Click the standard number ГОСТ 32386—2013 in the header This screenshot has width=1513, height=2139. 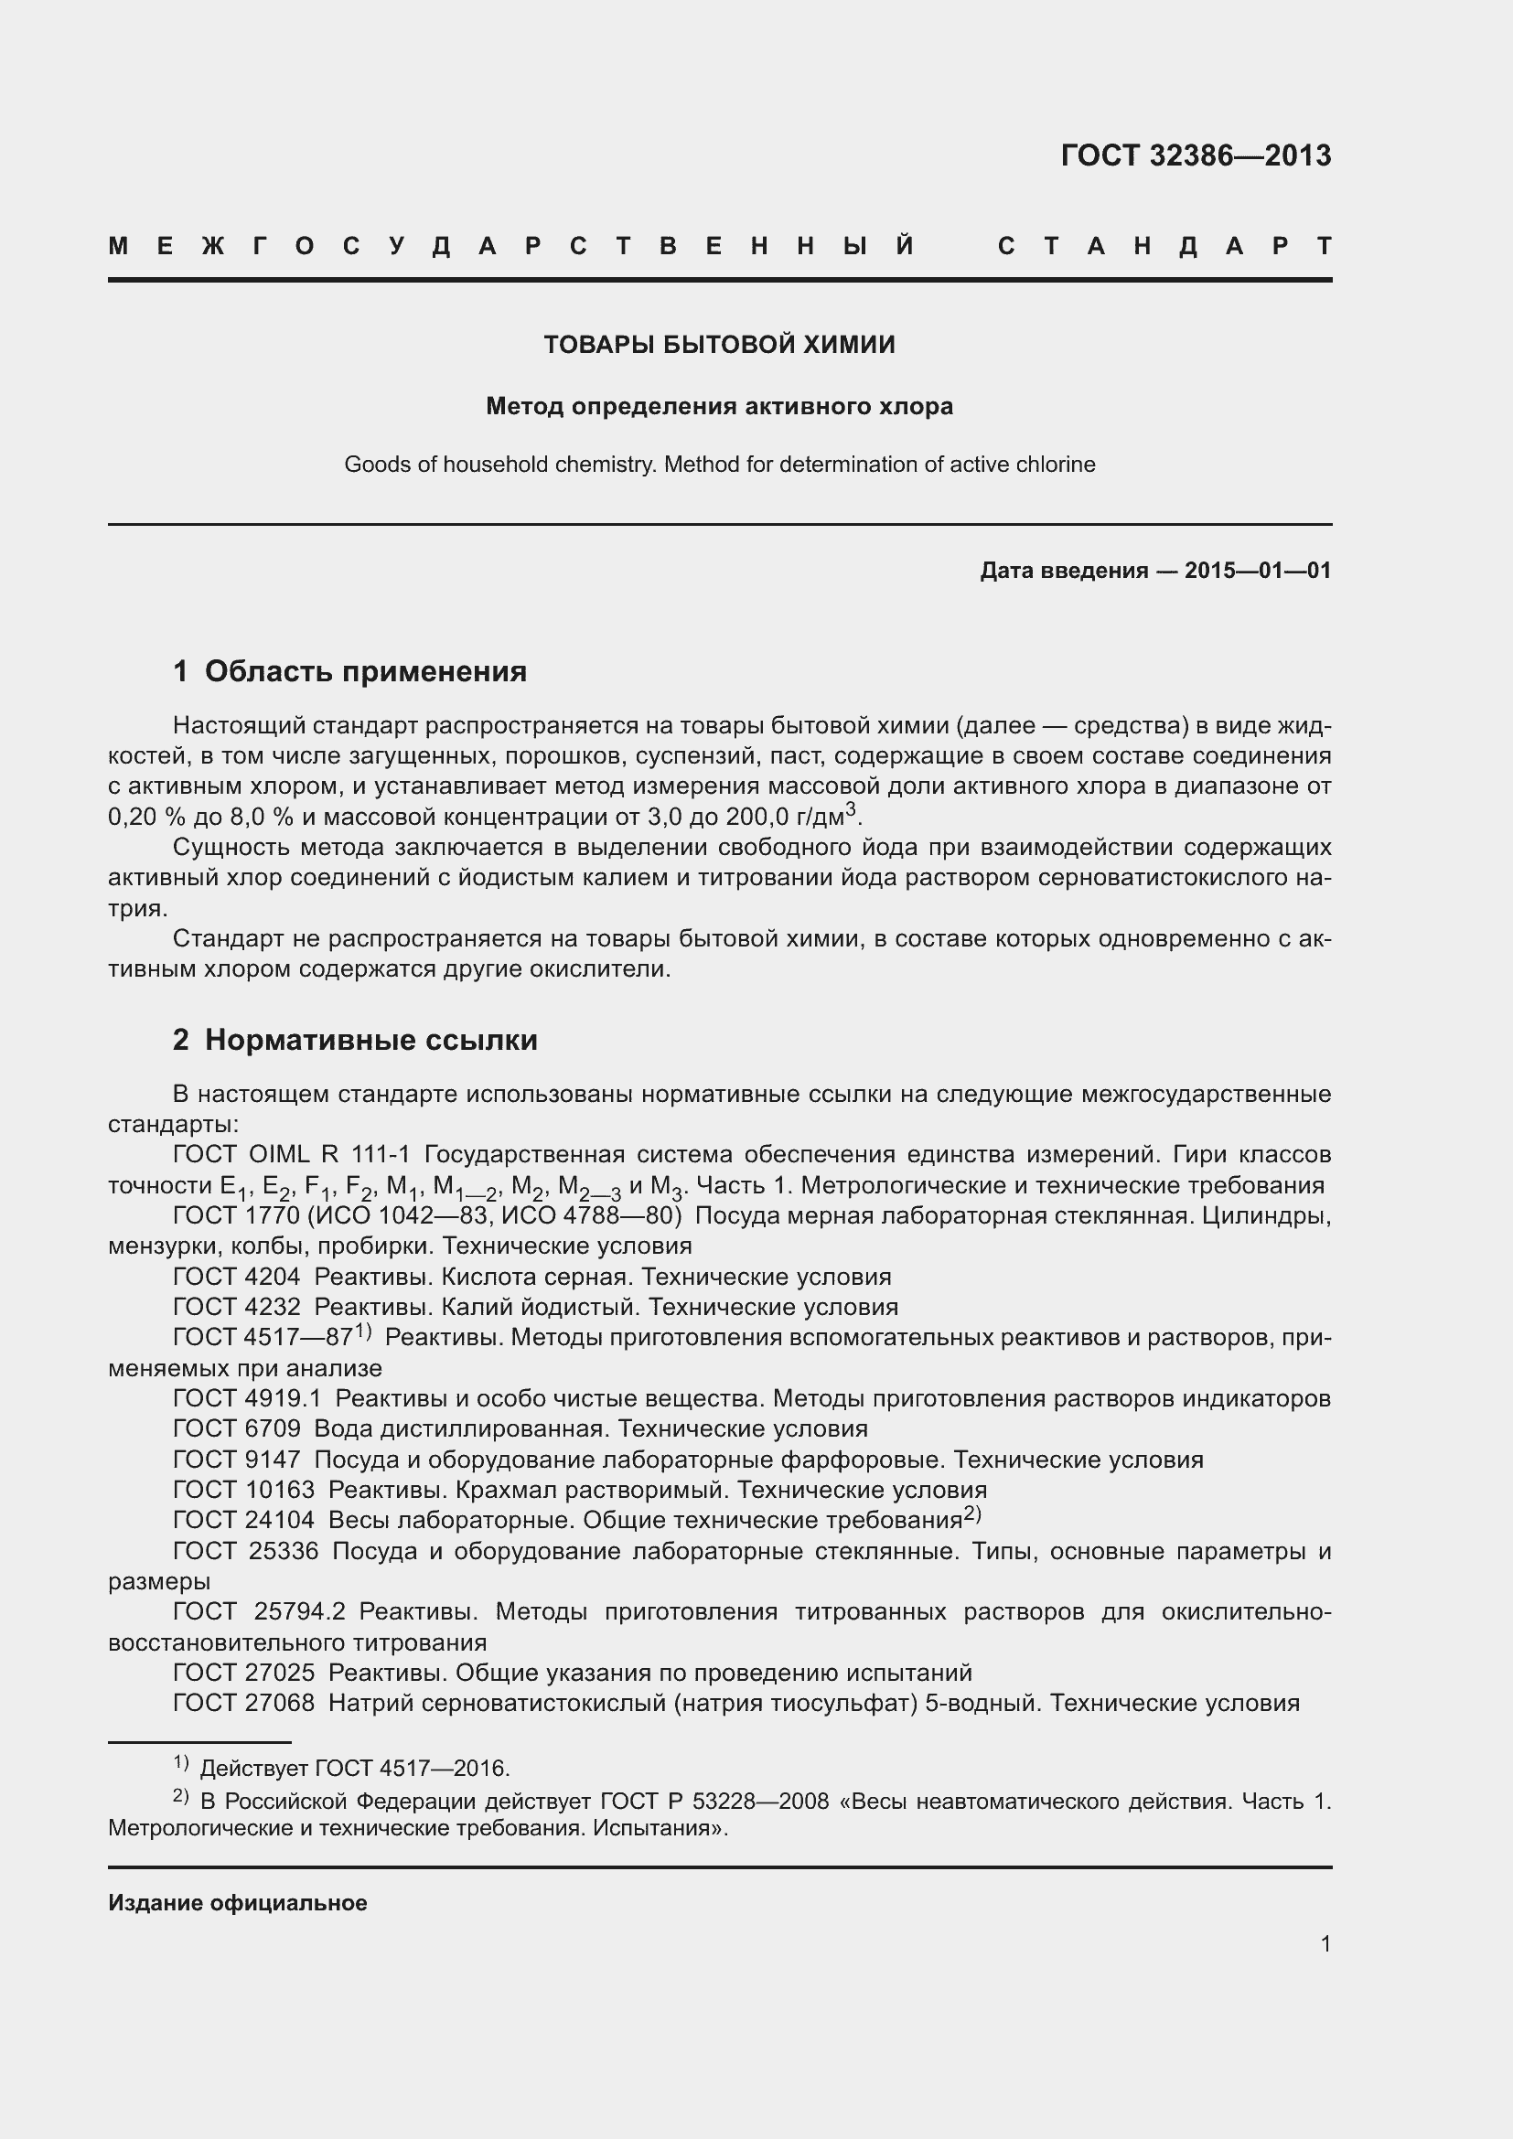pyautogui.click(x=1196, y=155)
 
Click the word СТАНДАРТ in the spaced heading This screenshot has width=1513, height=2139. pyautogui.click(x=1164, y=247)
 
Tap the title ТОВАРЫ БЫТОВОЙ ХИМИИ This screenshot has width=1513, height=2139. pyautogui.click(x=719, y=345)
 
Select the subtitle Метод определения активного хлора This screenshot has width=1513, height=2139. pyautogui.click(x=719, y=407)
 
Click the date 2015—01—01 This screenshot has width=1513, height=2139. pyautogui.click(x=1258, y=570)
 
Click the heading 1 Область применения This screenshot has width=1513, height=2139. pyautogui.click(x=349, y=670)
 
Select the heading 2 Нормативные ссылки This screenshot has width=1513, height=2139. pyautogui.click(x=355, y=1040)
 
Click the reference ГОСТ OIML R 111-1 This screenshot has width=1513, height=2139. pyautogui.click(x=292, y=1155)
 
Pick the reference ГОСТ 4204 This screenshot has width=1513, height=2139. pyautogui.click(x=237, y=1278)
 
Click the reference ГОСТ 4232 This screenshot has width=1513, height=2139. pyautogui.click(x=237, y=1307)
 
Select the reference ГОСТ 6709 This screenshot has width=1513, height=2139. pyautogui.click(x=237, y=1429)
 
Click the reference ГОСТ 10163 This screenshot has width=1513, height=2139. pyautogui.click(x=243, y=1490)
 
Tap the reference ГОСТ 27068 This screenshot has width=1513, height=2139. pyautogui.click(x=243, y=1703)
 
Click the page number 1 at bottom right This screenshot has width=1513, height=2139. pyautogui.click(x=1325, y=1943)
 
